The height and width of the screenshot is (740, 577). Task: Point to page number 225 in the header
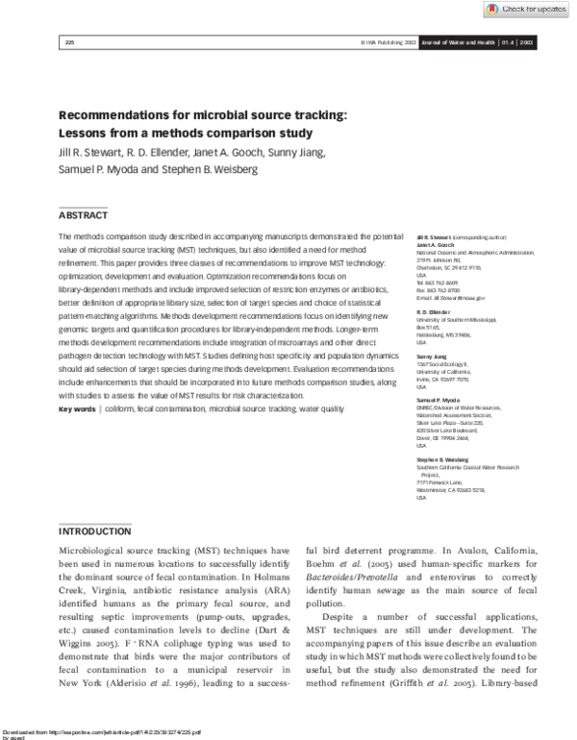[69, 43]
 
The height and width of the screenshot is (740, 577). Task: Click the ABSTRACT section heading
[84, 215]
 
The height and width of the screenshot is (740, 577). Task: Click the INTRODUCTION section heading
[95, 531]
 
